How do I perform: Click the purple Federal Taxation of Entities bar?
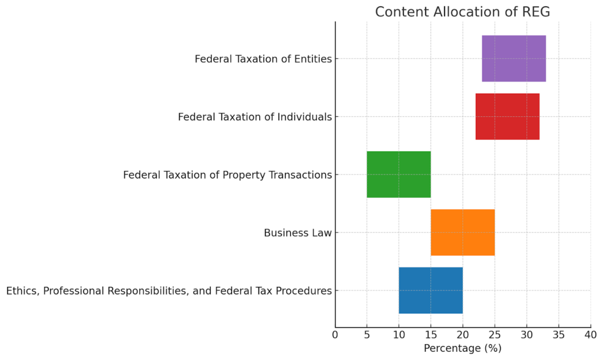point(513,58)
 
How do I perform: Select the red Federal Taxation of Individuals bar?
point(507,117)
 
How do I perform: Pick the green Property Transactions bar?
point(399,174)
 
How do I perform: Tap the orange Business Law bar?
point(462,232)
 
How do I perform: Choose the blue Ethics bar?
point(430,290)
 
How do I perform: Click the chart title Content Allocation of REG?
point(462,12)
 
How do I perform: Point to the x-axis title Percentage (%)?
point(462,348)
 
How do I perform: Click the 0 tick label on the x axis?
point(335,335)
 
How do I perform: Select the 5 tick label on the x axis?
point(367,335)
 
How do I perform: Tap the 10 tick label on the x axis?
point(399,335)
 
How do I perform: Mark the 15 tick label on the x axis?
point(430,335)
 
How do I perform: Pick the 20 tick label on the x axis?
point(462,335)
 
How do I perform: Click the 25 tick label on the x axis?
point(495,335)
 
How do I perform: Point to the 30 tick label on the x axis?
point(526,335)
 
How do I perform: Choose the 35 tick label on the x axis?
point(558,335)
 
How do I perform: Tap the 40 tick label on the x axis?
point(590,335)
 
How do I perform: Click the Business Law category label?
point(297,233)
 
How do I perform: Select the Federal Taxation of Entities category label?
point(263,59)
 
